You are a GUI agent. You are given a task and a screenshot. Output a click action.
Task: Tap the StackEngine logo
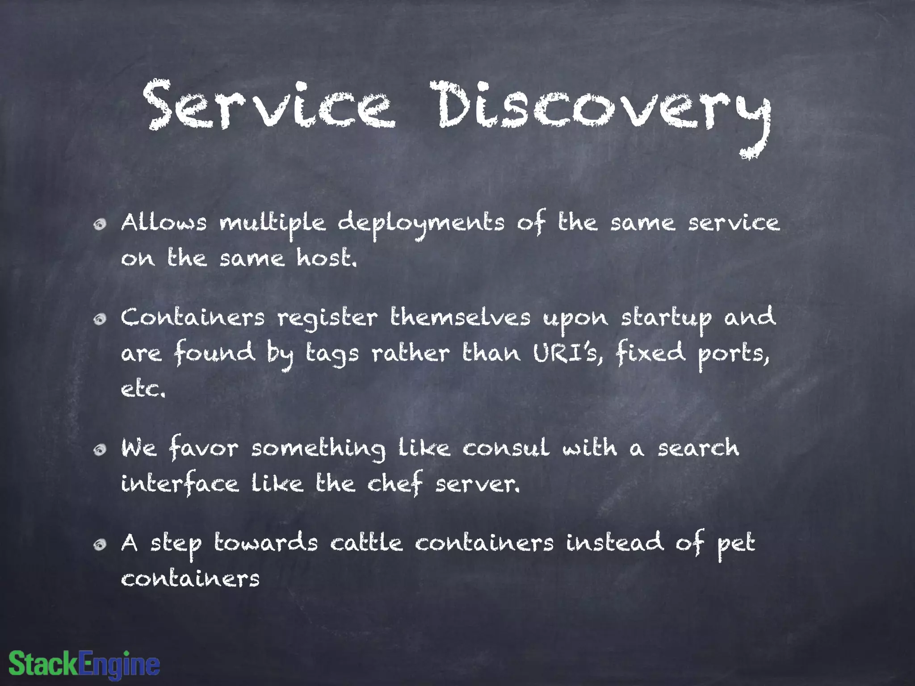pyautogui.click(x=84, y=664)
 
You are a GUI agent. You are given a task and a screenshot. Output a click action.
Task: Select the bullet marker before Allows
pyautogui.click(x=100, y=224)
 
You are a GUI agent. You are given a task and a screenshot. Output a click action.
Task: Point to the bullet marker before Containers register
pyautogui.click(x=100, y=319)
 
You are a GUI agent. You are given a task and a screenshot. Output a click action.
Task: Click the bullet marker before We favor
pyautogui.click(x=100, y=449)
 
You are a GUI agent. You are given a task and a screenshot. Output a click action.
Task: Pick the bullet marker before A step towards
pyautogui.click(x=100, y=544)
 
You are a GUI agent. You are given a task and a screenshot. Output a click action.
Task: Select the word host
pyautogui.click(x=327, y=258)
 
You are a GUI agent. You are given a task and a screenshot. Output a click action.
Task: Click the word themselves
pyautogui.click(x=460, y=318)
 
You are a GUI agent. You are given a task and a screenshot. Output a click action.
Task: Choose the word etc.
pyautogui.click(x=143, y=389)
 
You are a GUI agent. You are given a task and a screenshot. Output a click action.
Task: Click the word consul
pyautogui.click(x=505, y=448)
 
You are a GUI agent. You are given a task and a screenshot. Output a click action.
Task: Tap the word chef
pyautogui.click(x=395, y=484)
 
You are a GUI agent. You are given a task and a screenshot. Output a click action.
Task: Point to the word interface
pyautogui.click(x=180, y=484)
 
